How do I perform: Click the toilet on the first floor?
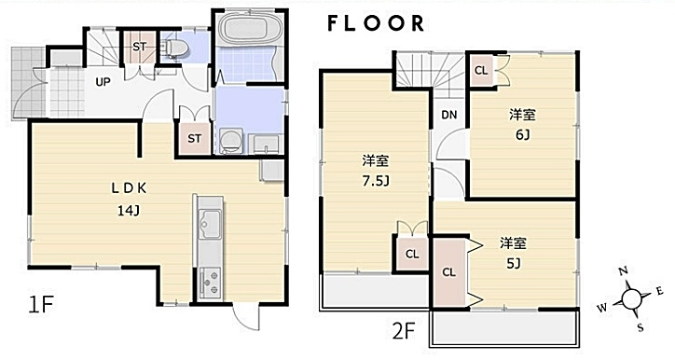(x=174, y=48)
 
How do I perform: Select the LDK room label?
(x=129, y=187)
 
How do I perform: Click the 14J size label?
(x=129, y=211)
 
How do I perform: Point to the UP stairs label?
(x=103, y=82)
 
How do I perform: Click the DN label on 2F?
(x=449, y=115)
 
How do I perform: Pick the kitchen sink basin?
(x=210, y=225)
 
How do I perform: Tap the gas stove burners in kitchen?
(x=210, y=282)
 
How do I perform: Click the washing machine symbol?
(x=230, y=140)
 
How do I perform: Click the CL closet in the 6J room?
(x=481, y=70)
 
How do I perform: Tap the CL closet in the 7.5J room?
(x=412, y=254)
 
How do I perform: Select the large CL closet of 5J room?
(x=449, y=272)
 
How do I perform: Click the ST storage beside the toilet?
(x=140, y=47)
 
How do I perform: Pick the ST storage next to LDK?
(x=194, y=139)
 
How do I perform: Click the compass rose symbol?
(x=630, y=299)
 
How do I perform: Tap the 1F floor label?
(x=40, y=305)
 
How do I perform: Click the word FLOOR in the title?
(x=377, y=23)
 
